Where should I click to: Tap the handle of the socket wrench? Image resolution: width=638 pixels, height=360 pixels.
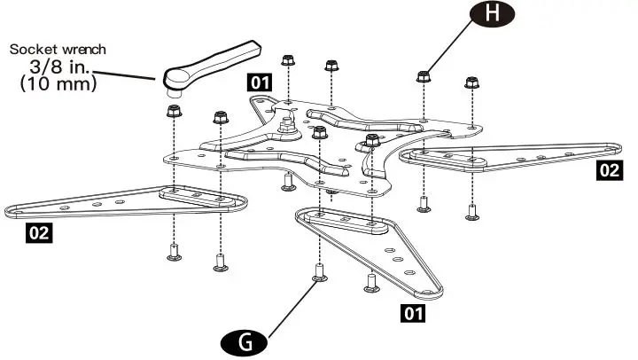pyautogui.click(x=222, y=59)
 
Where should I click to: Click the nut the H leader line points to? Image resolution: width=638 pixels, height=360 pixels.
pyautogui.click(x=424, y=75)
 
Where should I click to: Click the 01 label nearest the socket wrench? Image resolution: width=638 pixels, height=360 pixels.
pyautogui.click(x=260, y=83)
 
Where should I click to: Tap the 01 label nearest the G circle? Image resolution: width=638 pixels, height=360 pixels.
pyautogui.click(x=411, y=312)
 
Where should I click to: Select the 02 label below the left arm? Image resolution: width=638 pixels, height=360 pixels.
pyautogui.click(x=37, y=233)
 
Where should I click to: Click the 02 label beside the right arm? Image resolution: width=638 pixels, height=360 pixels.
pyautogui.click(x=610, y=170)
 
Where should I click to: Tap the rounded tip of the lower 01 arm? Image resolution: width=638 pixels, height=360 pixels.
pyautogui.click(x=432, y=290)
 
